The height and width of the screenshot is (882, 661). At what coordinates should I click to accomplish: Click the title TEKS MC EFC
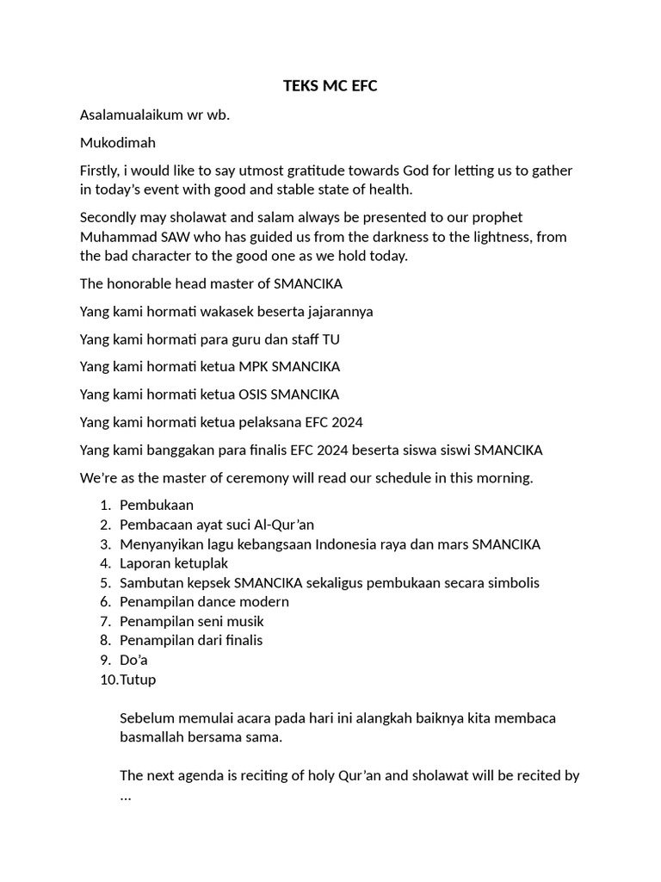point(330,86)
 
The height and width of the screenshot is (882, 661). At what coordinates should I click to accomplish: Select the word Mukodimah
point(117,142)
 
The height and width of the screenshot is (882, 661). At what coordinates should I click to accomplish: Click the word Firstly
point(102,171)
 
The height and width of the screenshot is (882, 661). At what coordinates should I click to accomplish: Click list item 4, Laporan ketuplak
point(174,563)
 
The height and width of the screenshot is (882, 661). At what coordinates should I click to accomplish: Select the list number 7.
point(105,621)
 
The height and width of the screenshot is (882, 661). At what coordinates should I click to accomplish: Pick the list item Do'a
point(133,660)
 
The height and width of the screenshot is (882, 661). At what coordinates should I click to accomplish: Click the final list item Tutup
point(139,679)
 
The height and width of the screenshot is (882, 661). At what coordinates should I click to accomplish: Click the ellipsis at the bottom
point(126,796)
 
